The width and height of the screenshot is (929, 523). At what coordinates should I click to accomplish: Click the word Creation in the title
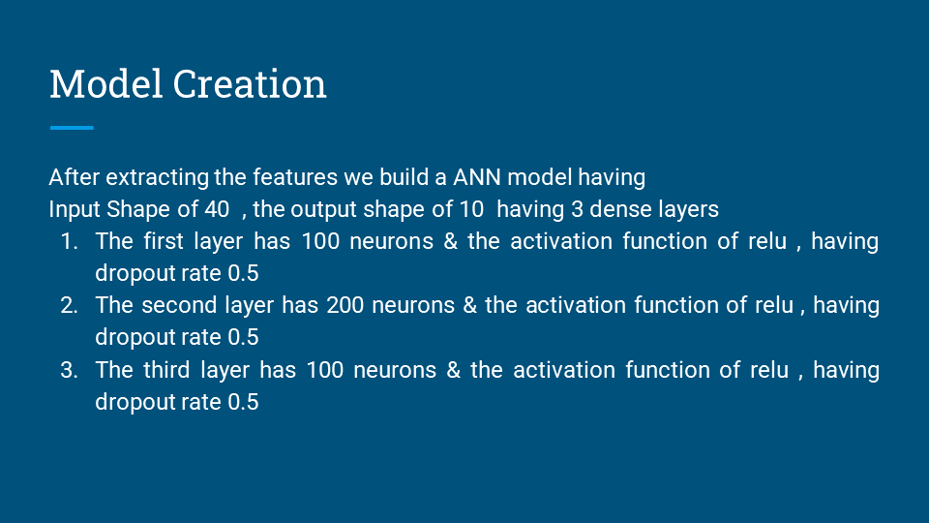[250, 84]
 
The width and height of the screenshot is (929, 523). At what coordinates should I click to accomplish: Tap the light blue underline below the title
[71, 127]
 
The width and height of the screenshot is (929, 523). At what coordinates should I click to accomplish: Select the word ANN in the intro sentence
[475, 177]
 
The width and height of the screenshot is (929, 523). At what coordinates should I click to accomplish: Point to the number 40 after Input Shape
[218, 209]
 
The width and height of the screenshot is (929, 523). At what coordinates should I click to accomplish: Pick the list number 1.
[69, 241]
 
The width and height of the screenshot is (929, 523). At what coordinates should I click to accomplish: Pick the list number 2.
[69, 305]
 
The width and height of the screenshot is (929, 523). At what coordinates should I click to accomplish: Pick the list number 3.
[69, 370]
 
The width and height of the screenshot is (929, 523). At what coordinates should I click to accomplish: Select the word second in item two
[179, 305]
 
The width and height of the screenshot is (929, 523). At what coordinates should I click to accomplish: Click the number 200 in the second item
[345, 305]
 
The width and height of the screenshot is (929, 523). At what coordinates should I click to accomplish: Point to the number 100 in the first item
[320, 241]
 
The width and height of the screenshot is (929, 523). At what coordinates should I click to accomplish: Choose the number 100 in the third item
[325, 370]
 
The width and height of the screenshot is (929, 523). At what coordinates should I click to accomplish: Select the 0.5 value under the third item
[243, 402]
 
